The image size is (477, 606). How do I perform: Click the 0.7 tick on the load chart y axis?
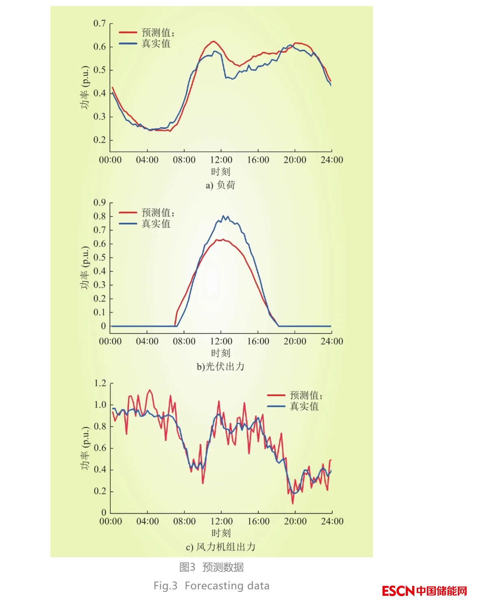click(100, 24)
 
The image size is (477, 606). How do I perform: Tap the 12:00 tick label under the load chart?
click(221, 160)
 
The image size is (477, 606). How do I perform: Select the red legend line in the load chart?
click(128, 32)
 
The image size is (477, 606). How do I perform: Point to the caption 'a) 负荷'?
click(220, 185)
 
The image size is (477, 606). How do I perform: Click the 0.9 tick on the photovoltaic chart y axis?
click(100, 203)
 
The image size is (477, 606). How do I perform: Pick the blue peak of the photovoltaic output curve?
click(223, 216)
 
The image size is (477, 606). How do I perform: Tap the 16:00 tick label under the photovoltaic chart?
click(258, 341)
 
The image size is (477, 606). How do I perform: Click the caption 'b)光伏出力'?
click(220, 366)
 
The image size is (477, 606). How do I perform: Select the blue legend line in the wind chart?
click(276, 406)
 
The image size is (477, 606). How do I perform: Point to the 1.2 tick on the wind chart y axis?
click(100, 383)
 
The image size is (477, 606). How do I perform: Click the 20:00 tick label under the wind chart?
click(295, 521)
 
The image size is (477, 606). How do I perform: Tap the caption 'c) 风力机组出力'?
click(220, 547)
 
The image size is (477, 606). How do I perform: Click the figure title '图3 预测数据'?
click(211, 567)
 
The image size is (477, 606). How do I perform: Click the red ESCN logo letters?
click(398, 591)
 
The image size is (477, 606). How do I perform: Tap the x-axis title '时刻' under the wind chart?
click(221, 533)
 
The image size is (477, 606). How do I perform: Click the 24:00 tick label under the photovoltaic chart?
click(332, 341)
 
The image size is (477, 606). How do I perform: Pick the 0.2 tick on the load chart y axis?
click(100, 140)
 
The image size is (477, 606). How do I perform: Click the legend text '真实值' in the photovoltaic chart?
click(156, 224)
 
